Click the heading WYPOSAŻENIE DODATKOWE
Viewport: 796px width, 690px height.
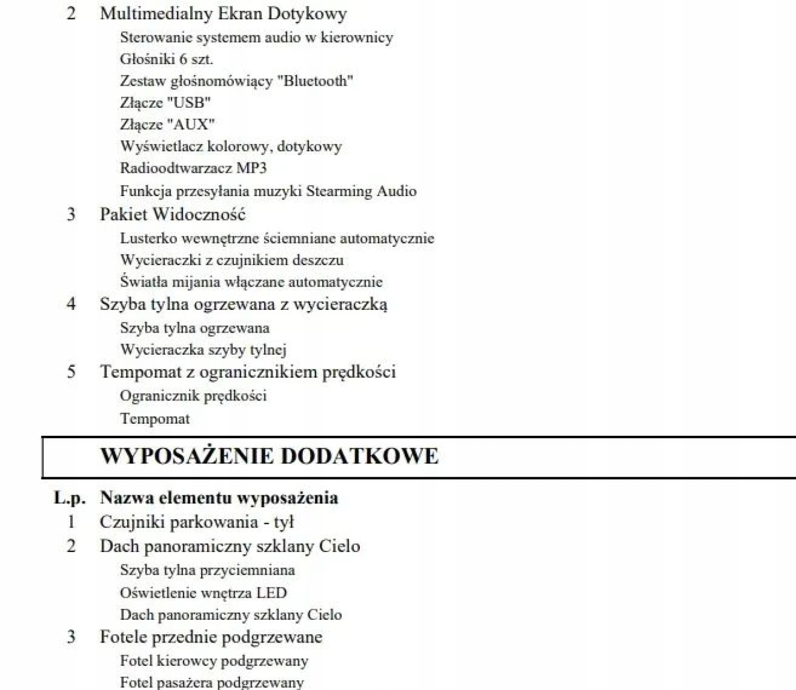269,456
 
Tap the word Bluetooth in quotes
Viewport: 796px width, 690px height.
315,81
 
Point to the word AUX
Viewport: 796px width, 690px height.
191,125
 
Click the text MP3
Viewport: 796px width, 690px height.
252,168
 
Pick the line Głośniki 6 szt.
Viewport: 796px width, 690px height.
166,59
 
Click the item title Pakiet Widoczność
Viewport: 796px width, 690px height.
172,214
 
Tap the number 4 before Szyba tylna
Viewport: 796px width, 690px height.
71,304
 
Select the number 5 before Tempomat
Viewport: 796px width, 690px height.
71,372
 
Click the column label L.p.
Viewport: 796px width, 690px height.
70,498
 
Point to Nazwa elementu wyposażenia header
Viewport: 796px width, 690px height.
219,498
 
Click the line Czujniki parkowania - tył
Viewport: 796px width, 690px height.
197,522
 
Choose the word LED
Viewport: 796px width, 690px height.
271,593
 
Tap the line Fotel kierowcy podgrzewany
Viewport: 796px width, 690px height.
214,661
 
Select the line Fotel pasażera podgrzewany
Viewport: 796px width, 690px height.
212,682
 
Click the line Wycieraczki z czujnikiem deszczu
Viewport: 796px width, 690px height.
232,260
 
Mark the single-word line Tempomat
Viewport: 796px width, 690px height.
155,419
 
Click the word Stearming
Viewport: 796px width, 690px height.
339,191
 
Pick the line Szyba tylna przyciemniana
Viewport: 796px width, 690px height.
207,570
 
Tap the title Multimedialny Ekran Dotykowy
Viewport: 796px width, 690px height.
223,13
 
